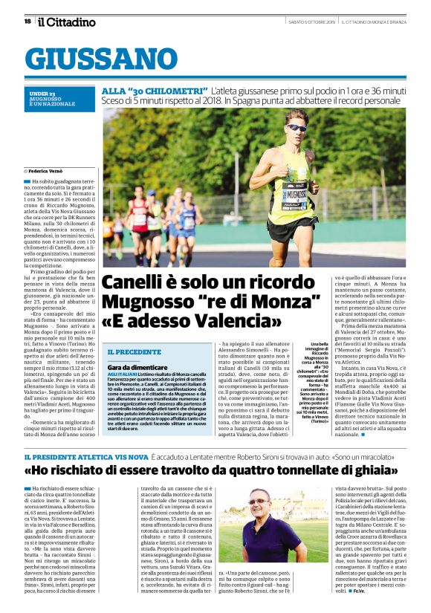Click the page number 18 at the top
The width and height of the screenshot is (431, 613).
[x=27, y=21]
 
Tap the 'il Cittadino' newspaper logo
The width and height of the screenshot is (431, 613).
[x=67, y=22]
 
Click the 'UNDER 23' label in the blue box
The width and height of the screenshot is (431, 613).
[x=42, y=93]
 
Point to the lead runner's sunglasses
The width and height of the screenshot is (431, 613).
[x=296, y=128]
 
